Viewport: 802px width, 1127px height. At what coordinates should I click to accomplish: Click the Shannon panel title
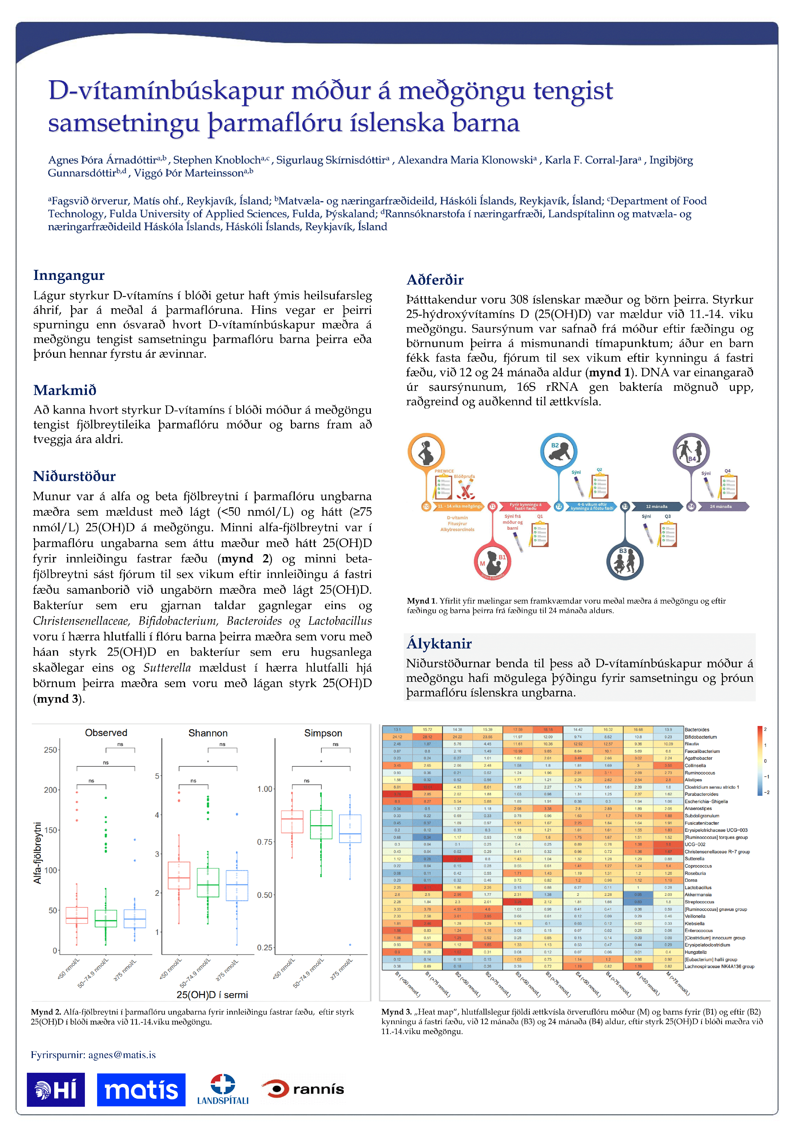(208, 733)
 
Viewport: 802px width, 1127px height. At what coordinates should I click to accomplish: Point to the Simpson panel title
(323, 733)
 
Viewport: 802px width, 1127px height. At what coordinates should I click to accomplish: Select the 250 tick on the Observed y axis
(50, 750)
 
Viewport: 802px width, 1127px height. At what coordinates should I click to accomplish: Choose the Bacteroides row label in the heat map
(697, 730)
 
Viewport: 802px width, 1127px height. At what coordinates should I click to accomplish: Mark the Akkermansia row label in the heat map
(698, 894)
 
